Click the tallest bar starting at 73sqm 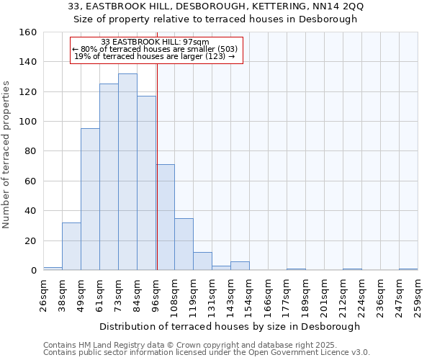click(x=127, y=172)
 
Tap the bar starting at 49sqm click(x=90, y=199)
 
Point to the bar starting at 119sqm click(x=202, y=261)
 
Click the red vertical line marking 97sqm click(x=157, y=180)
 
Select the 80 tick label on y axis click(x=30, y=151)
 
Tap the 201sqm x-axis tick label click(x=324, y=295)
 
